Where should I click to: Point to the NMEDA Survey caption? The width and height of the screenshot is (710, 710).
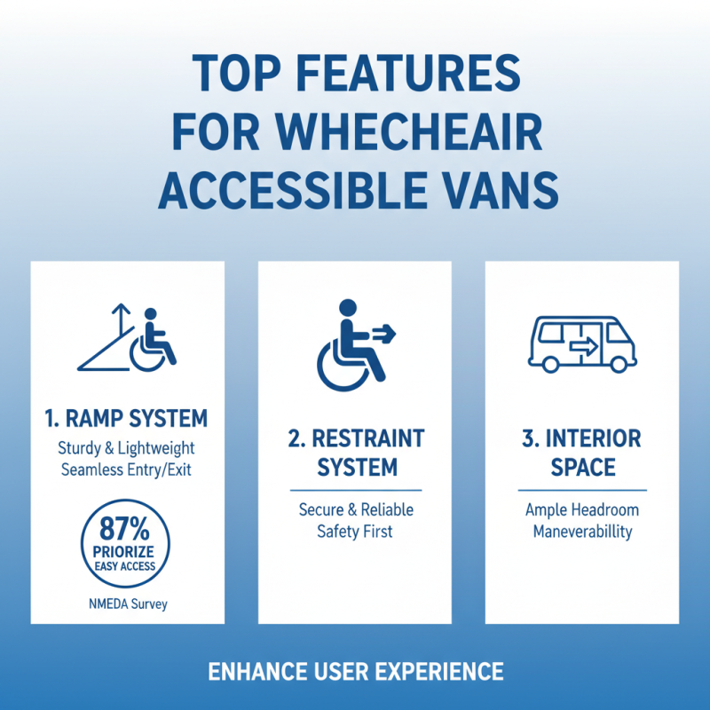tap(128, 604)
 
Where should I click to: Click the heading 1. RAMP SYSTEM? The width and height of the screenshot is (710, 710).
tap(128, 417)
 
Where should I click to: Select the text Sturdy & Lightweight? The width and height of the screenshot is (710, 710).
tap(128, 448)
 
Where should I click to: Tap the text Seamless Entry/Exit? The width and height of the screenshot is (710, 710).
tap(128, 470)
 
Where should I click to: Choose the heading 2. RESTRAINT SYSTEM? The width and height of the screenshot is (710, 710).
tap(355, 453)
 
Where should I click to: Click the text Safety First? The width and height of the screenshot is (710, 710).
tap(355, 532)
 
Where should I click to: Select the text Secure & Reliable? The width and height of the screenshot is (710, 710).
tap(355, 510)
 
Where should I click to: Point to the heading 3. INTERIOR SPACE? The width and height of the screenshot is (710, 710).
tap(582, 453)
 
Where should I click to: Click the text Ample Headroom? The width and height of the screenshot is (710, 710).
tap(582, 510)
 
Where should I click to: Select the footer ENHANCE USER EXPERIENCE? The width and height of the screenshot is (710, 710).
tap(355, 671)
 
